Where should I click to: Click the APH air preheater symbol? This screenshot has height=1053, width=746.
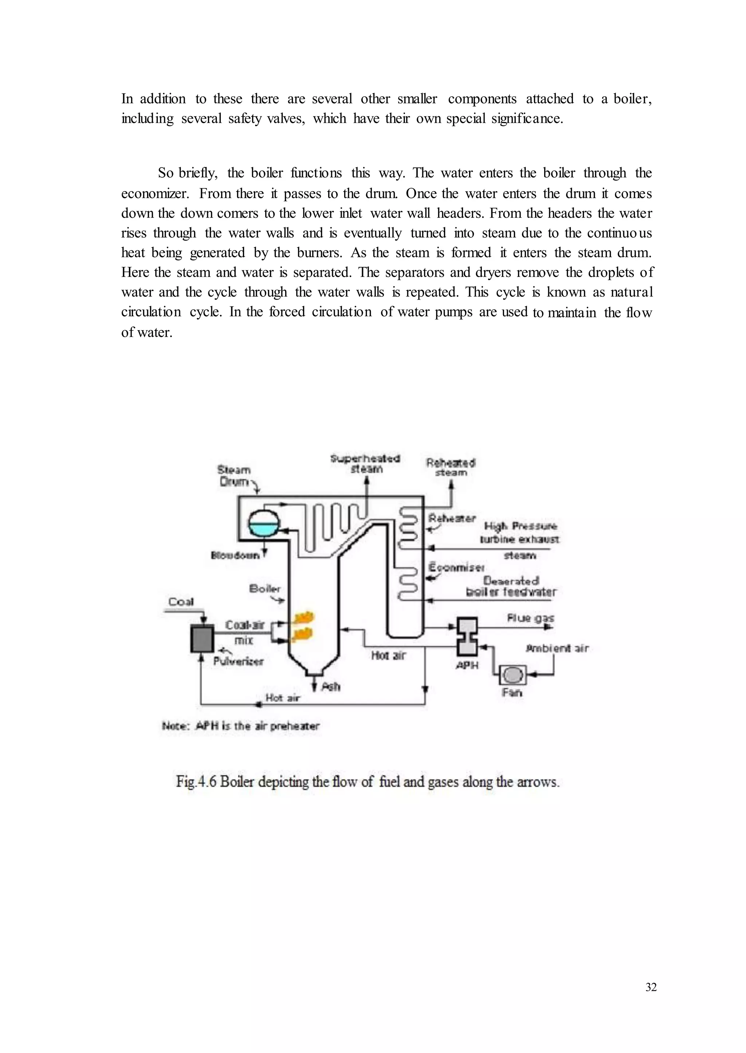467,636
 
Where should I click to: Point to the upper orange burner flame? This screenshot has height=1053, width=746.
302,617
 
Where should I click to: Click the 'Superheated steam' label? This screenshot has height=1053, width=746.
366,464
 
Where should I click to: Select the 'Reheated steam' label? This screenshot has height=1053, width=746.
451,467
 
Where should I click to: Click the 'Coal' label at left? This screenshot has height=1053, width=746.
181,602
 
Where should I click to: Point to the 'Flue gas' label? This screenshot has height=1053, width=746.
531,618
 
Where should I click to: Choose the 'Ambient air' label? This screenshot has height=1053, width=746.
557,648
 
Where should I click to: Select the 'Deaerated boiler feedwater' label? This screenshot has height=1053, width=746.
511,587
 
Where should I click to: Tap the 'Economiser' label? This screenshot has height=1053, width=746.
456,567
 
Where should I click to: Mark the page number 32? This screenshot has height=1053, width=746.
651,987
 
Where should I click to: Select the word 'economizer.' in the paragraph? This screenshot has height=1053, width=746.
155,194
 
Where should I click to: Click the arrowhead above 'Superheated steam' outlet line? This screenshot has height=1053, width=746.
366,480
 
